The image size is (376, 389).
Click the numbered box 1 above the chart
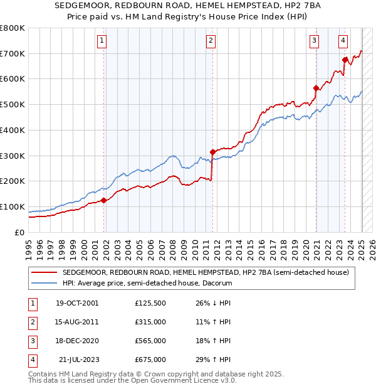[x=102, y=41]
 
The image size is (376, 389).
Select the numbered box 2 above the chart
[x=211, y=41]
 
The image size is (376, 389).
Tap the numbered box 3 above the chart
[x=314, y=41]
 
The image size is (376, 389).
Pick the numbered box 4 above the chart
[x=343, y=41]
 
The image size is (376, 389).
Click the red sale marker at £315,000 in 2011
[x=212, y=151]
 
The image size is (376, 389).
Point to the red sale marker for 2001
[x=104, y=200]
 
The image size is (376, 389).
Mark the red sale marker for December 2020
[x=316, y=88]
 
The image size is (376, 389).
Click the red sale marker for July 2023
[x=345, y=60]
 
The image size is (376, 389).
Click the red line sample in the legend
[x=44, y=272]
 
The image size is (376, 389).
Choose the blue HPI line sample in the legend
[x=44, y=283]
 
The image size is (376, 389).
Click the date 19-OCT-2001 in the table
[x=76, y=304]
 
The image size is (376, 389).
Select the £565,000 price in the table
[x=150, y=341]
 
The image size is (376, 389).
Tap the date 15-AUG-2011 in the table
[x=76, y=322]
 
